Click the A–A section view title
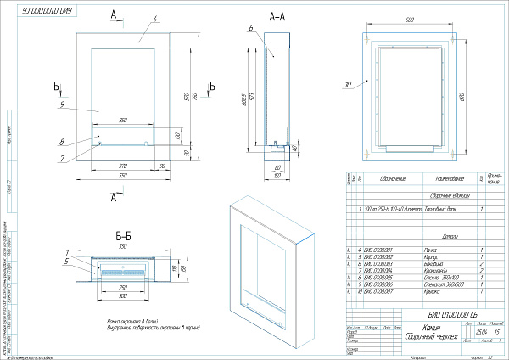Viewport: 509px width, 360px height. click(x=277, y=16)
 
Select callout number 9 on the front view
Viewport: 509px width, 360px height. click(x=64, y=104)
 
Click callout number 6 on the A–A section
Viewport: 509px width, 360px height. click(x=252, y=29)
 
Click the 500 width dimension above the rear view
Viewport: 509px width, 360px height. click(x=410, y=19)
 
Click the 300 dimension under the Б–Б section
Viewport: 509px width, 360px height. click(x=124, y=298)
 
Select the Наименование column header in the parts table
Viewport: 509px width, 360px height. click(x=446, y=179)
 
